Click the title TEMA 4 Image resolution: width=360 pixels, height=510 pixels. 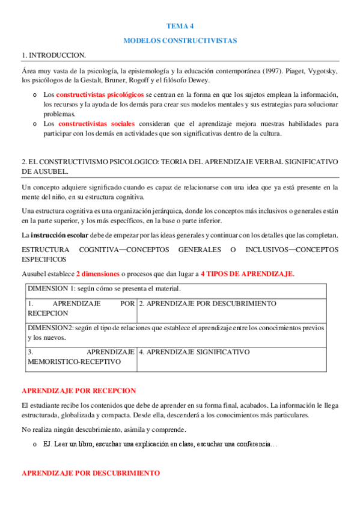point(180,26)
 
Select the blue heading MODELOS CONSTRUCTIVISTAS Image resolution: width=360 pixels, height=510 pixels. point(180,40)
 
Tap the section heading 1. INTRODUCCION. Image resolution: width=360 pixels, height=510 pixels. point(53,55)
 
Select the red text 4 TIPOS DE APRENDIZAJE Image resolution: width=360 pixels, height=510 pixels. point(255,274)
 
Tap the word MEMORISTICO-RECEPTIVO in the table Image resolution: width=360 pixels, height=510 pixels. point(74,361)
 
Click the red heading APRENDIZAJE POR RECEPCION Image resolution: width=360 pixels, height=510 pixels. point(79,390)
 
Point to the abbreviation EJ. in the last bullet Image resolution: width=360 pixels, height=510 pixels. point(49,444)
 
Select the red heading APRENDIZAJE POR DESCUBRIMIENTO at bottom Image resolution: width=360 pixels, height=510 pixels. point(91,473)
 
